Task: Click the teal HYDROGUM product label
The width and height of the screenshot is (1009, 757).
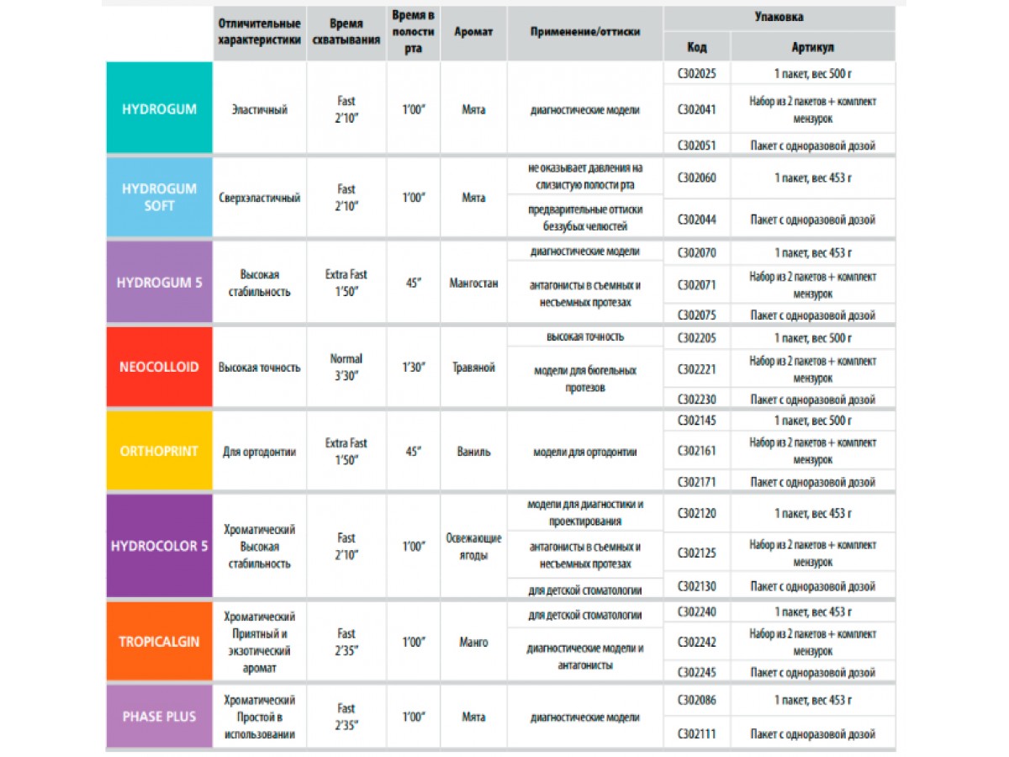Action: (159, 109)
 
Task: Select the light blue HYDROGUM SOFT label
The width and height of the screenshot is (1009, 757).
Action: (159, 197)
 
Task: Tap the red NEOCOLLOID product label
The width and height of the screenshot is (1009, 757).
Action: (159, 368)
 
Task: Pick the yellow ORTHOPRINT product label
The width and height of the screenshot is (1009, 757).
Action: (159, 451)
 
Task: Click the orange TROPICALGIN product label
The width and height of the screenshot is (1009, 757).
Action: (159, 641)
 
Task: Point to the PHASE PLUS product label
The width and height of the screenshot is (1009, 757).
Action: (159, 717)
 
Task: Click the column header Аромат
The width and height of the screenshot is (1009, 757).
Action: (473, 32)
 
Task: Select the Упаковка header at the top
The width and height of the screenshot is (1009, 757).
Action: (778, 17)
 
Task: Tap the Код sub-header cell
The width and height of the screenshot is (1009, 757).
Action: (696, 48)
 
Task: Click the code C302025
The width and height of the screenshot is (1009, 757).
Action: (696, 74)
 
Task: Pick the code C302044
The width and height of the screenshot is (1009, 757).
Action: (696, 220)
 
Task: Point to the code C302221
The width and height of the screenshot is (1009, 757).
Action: (696, 369)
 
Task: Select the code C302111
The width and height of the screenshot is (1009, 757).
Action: (696, 734)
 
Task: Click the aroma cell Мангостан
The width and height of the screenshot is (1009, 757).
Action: (473, 283)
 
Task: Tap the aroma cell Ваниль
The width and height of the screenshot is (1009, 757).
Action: (473, 452)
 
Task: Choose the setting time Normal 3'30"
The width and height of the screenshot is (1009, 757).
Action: (346, 368)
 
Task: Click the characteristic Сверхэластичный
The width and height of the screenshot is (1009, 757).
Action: (259, 198)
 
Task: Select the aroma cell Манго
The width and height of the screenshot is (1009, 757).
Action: (473, 642)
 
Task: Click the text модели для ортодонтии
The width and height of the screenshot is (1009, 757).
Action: (584, 452)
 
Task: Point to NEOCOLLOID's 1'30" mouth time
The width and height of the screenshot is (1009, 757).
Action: (413, 368)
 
